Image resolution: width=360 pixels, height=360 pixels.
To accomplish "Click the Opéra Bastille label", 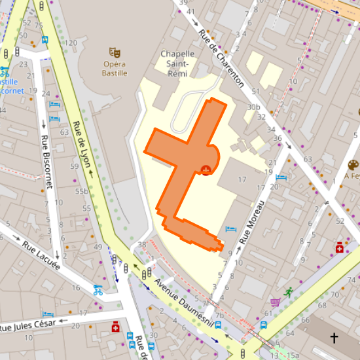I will click(115, 69).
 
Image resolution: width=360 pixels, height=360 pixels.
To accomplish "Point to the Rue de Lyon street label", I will click(82, 145).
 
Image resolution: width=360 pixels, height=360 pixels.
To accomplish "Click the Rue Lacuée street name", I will click(41, 256).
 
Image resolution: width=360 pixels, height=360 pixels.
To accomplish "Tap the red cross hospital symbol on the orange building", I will click(206, 170).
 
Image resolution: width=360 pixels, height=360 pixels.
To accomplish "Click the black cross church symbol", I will click(334, 338).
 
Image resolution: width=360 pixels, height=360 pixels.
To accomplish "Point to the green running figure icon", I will click(289, 292).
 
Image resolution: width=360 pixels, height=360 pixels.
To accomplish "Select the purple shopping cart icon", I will click(275, 302).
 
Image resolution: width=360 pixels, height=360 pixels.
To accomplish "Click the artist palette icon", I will click(353, 164).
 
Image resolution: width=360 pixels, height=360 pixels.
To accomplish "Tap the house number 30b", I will click(254, 107).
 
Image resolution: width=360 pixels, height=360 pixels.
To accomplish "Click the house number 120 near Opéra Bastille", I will click(71, 43).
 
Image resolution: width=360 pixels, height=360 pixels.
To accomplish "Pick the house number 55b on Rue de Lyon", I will click(82, 191).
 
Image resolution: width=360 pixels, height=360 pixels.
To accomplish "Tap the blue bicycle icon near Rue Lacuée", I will click(98, 290).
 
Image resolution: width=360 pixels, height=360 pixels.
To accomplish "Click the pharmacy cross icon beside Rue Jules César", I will click(116, 326).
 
